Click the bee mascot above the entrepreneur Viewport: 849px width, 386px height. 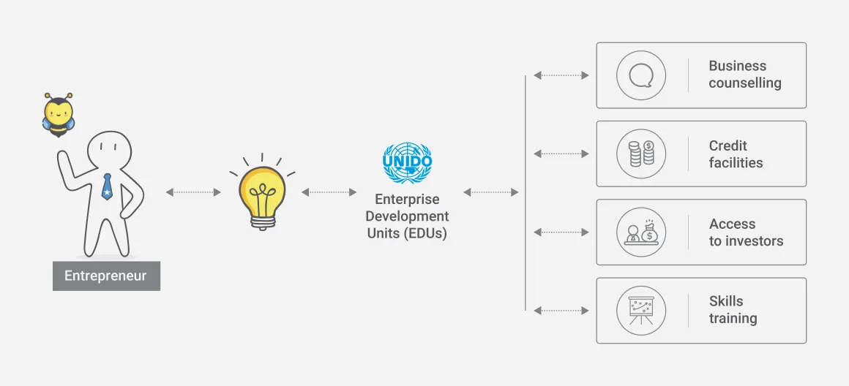point(58,115)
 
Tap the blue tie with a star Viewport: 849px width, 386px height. point(107,186)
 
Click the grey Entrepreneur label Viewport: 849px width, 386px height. point(106,276)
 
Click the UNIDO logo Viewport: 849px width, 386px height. point(407,162)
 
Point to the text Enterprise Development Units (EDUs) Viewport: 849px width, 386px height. point(407,216)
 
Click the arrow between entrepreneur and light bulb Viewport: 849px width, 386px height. point(193,192)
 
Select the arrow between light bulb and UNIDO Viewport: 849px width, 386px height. point(329,192)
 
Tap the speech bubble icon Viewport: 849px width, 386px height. point(641,75)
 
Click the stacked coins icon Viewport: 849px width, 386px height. point(641,154)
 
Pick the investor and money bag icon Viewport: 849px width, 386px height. point(641,232)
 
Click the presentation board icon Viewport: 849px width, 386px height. point(641,310)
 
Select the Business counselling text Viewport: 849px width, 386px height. point(745,75)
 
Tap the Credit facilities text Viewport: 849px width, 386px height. point(736,154)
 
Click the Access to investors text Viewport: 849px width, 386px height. point(746,232)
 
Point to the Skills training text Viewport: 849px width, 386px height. point(733,310)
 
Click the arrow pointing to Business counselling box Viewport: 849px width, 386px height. point(561,75)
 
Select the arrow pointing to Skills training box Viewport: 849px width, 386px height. point(561,310)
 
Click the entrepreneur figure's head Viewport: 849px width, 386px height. point(109,151)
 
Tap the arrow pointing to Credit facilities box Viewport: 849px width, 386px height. point(561,154)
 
